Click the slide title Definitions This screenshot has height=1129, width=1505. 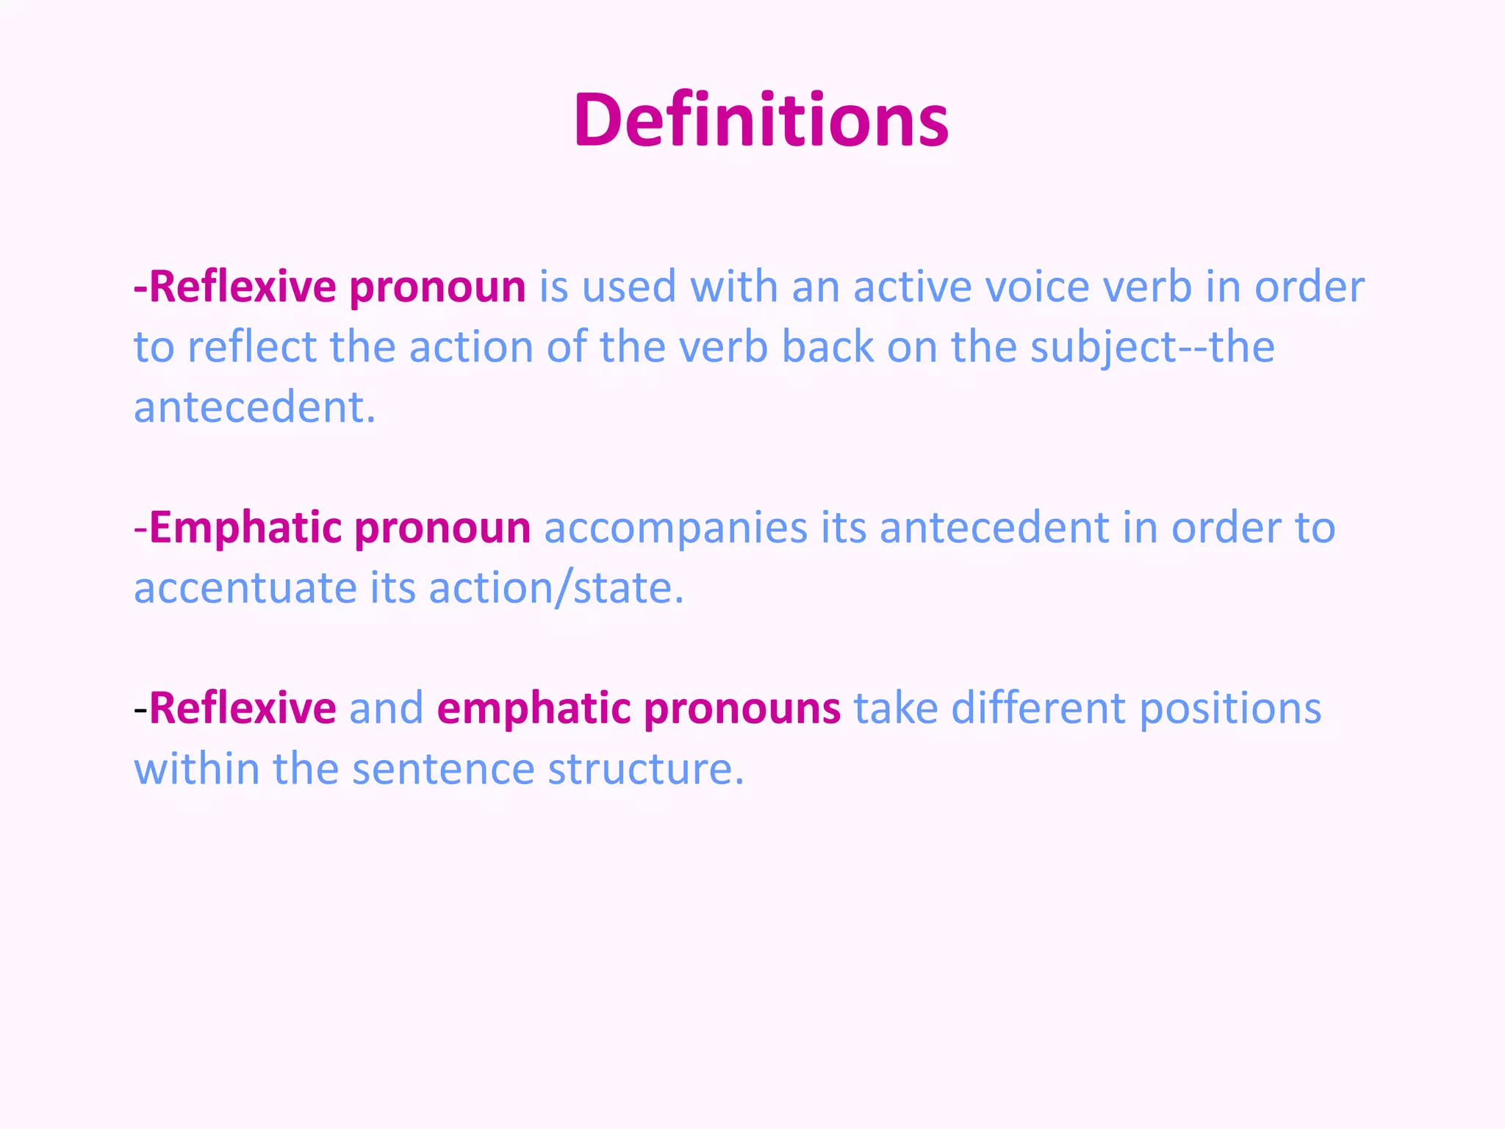click(x=761, y=120)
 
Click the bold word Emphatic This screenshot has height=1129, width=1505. click(x=246, y=528)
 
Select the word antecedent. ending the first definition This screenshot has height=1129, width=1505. click(x=254, y=407)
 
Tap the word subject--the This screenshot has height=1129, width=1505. click(x=1152, y=347)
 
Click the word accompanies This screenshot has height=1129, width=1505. click(x=675, y=528)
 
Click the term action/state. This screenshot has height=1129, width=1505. click(x=556, y=589)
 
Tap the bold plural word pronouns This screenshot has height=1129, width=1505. click(x=742, y=709)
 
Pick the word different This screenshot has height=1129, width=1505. click(x=1038, y=709)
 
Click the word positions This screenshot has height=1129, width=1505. click(x=1230, y=709)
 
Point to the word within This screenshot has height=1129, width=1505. click(x=197, y=770)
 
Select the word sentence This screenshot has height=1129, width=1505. click(x=443, y=770)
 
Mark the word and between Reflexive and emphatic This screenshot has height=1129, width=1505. click(x=386, y=709)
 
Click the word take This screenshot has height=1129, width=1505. click(x=895, y=709)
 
